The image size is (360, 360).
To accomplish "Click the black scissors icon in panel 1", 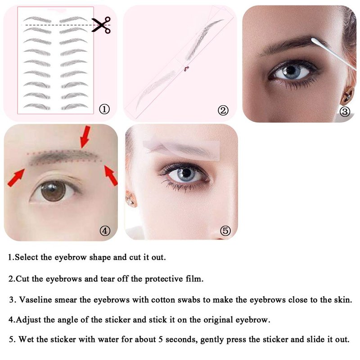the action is tap(101, 25).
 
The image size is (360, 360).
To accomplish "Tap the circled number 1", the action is tap(104, 109).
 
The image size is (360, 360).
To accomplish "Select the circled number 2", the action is tap(223, 110).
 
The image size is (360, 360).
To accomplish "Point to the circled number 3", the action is tap(345, 112).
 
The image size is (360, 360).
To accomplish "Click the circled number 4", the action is tap(105, 230).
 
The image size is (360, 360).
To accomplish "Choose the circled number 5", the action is tap(225, 230).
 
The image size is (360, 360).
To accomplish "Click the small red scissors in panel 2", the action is tap(186, 68).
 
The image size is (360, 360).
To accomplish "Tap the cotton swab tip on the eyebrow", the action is tap(315, 41).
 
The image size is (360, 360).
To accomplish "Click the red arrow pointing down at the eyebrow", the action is tap(85, 137).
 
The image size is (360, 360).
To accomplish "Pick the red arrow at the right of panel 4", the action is tap(111, 175).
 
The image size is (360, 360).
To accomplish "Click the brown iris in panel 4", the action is tap(53, 191).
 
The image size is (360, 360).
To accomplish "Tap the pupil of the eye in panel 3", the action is tap(291, 70).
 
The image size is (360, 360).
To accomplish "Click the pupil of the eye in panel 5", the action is tap(186, 173).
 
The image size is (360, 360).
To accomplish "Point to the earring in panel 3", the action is tap(347, 95).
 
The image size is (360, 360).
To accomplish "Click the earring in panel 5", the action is tap(130, 198).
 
